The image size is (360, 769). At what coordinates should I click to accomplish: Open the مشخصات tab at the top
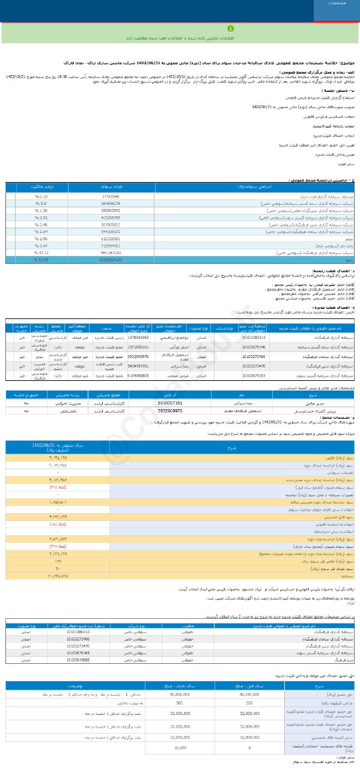coord(337,3)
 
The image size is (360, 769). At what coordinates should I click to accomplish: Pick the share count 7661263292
coord(111,236)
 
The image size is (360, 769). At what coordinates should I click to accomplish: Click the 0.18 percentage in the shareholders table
coord(50,196)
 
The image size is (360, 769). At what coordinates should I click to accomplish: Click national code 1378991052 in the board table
coord(138,338)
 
